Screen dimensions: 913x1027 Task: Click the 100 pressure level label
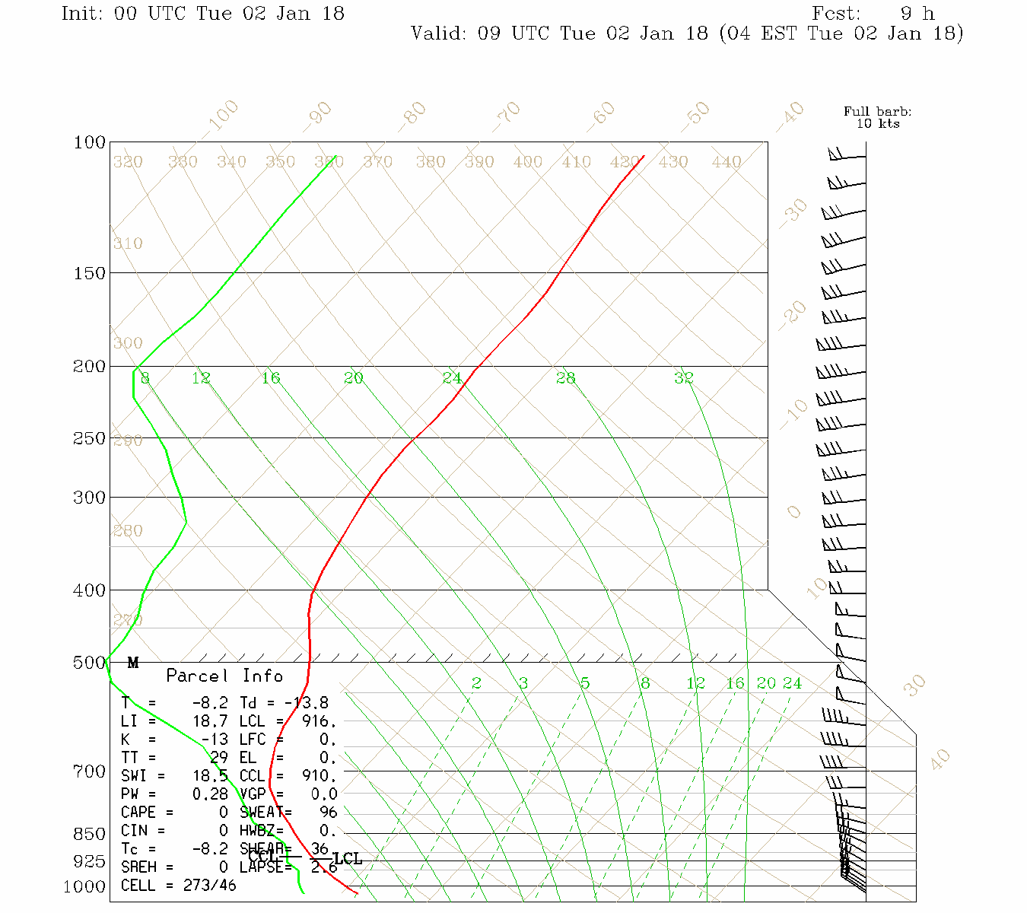point(90,143)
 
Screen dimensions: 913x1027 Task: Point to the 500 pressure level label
point(90,663)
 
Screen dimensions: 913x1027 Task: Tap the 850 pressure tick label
point(90,835)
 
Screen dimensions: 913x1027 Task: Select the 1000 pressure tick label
point(84,887)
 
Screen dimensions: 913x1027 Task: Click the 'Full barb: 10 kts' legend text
point(877,117)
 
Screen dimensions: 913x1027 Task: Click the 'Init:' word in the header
point(82,14)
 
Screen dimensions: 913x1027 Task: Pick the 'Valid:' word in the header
point(439,33)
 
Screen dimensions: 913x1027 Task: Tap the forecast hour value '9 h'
point(917,14)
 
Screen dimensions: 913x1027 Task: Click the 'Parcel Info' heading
point(224,676)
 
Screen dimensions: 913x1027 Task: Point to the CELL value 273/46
point(210,886)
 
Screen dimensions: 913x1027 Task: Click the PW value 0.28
point(210,794)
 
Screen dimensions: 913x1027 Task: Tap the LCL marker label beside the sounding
point(348,859)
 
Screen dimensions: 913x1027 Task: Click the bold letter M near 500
point(133,663)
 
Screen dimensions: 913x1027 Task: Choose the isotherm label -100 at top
point(223,116)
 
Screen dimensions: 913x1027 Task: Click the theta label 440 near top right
point(727,162)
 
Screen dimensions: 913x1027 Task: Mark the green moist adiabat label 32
point(683,378)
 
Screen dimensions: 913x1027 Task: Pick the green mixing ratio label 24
point(792,683)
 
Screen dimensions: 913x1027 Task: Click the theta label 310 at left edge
point(128,244)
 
